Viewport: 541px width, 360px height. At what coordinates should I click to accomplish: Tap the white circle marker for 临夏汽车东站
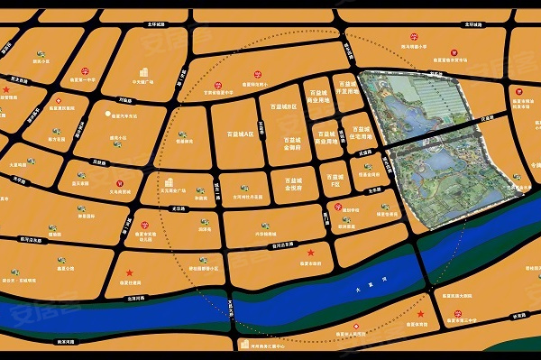click(108, 114)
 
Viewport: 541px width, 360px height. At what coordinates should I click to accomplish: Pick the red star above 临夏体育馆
click(130, 273)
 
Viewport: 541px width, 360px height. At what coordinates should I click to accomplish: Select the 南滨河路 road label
click(68, 342)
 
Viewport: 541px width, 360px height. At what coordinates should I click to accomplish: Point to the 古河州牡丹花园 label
click(248, 197)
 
